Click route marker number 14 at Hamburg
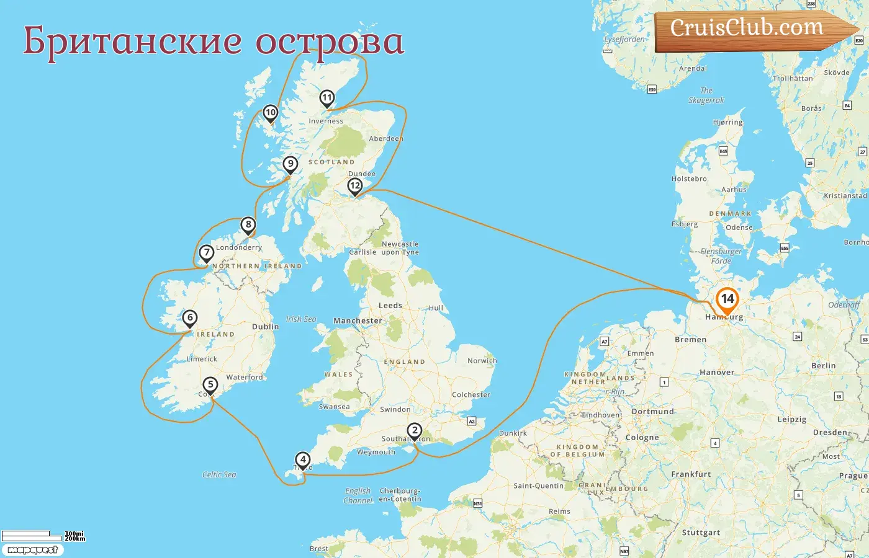[x=727, y=299]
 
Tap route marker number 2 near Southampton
[x=414, y=430]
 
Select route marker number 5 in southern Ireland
[x=210, y=385]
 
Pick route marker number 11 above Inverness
[x=327, y=98]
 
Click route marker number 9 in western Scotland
[x=290, y=164]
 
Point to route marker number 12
[x=355, y=185]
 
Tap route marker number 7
[x=207, y=252]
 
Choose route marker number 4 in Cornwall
[x=302, y=459]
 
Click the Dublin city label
[x=265, y=327]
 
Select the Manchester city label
[x=358, y=321]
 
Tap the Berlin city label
[x=823, y=366]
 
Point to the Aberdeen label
[x=385, y=138]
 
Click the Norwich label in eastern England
[x=482, y=361]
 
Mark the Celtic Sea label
[x=219, y=474]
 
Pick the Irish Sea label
[x=301, y=319]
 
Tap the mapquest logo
[x=32, y=550]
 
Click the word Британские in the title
[x=132, y=41]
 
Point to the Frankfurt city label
[x=691, y=474]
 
